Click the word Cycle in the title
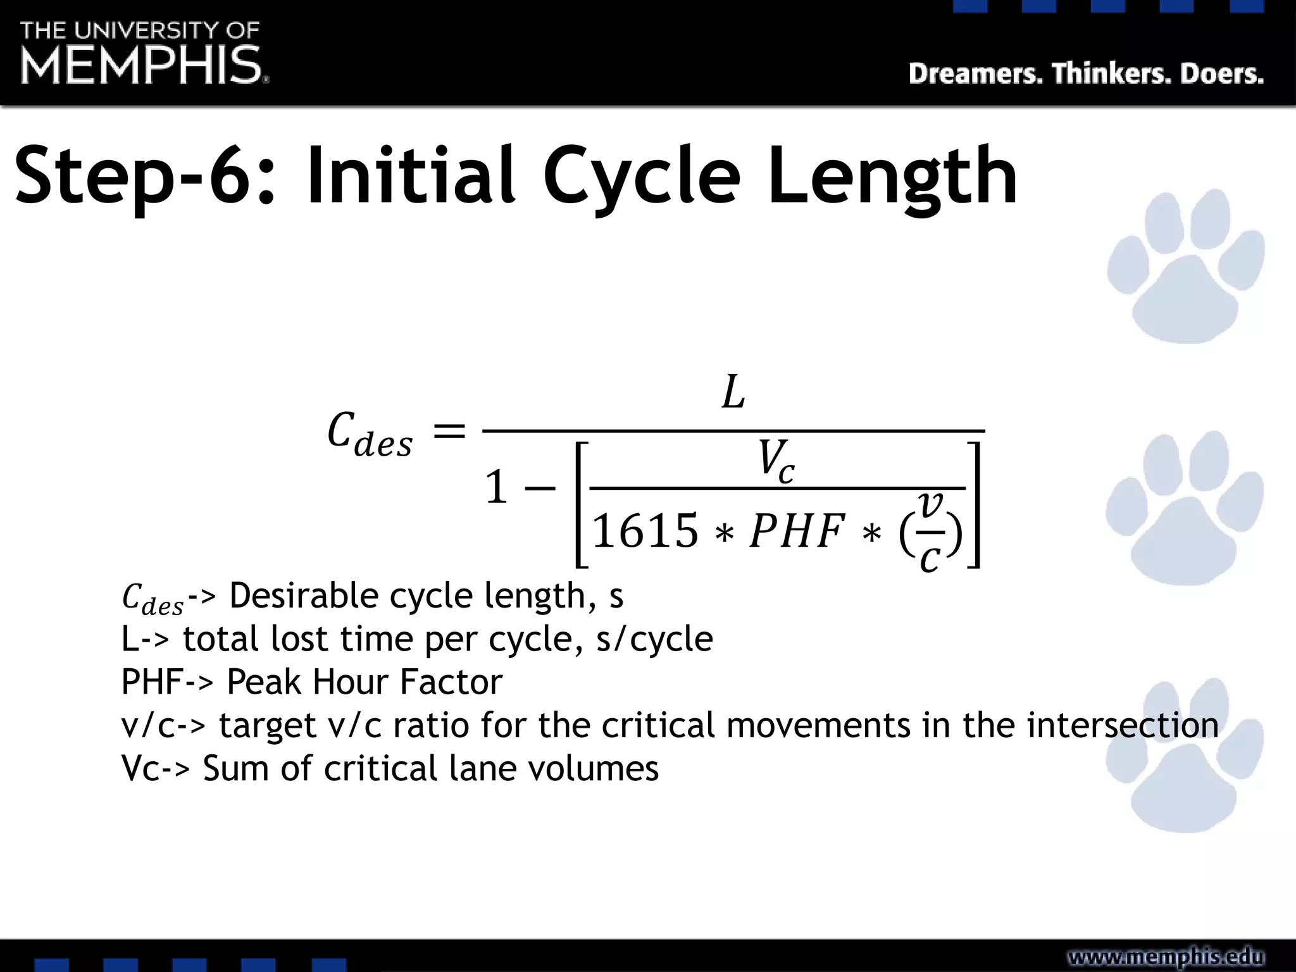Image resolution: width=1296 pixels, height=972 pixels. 640,177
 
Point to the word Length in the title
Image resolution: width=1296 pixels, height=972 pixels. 892,177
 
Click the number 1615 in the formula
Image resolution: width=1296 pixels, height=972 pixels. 645,530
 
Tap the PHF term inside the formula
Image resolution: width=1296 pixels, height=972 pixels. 797,530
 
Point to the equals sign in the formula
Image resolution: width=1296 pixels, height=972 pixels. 449,432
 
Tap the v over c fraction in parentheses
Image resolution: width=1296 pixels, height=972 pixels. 931,532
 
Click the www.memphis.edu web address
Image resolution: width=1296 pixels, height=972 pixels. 1166,957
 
